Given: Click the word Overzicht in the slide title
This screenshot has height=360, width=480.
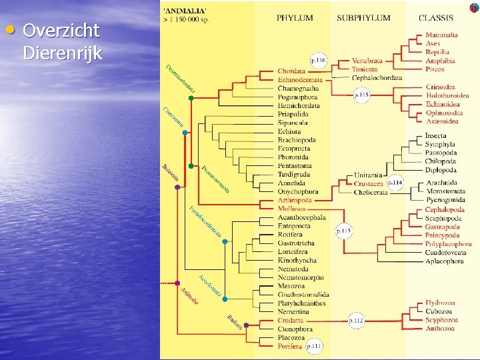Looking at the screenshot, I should (x=61, y=31).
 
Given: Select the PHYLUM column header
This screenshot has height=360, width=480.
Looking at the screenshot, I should (x=295, y=18).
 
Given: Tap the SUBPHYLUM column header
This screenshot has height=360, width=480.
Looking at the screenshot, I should (x=363, y=18).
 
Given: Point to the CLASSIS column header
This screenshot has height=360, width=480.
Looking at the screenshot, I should (x=435, y=18).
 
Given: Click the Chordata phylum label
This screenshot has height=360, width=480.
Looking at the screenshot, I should (x=291, y=71).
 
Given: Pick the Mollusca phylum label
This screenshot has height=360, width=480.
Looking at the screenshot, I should (x=291, y=209).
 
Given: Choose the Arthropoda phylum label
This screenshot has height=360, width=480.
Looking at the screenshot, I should (x=295, y=200).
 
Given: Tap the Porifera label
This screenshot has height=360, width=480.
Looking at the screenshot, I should (x=290, y=346).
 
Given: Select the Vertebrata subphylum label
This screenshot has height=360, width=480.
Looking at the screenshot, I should (x=368, y=61).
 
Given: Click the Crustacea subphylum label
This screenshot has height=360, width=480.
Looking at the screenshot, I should (x=368, y=183).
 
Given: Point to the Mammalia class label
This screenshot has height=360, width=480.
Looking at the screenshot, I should (x=441, y=35).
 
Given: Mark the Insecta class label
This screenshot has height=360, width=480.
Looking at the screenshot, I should (x=436, y=136).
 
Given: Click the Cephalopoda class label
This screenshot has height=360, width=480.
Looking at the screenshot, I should (x=445, y=210).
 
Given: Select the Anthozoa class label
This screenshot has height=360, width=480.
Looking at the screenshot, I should (x=440, y=328).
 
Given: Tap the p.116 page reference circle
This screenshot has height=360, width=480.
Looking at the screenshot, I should (x=317, y=61).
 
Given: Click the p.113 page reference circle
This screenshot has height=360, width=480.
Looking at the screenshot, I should (x=343, y=231).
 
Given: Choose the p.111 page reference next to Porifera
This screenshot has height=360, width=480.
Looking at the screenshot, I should (x=314, y=346).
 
